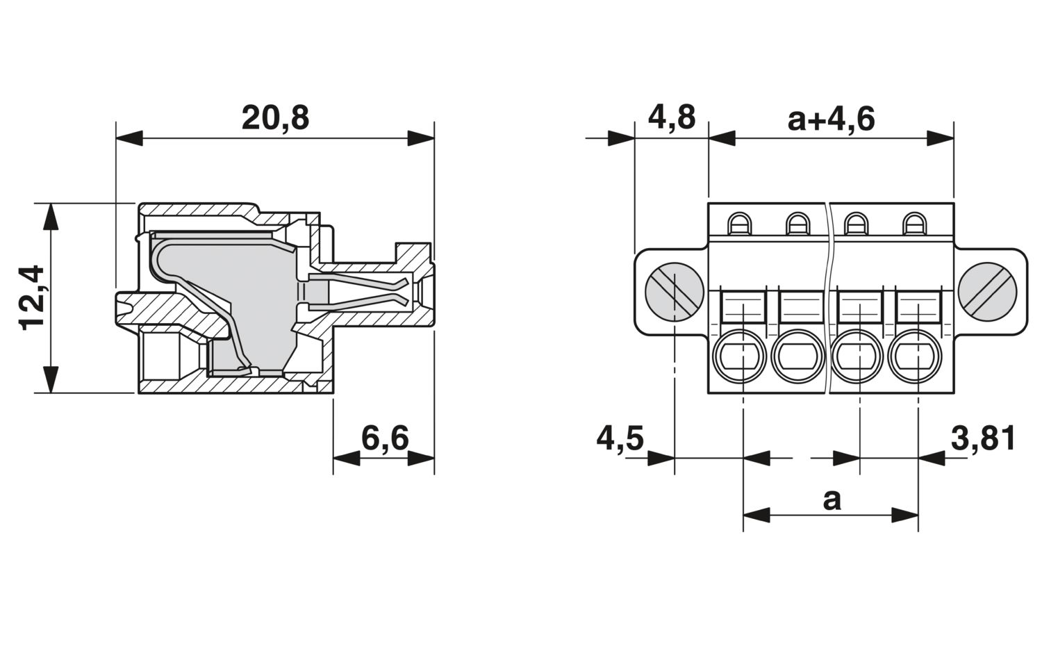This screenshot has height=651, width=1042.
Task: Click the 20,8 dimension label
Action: [275, 118]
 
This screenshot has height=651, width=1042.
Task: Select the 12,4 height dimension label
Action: [32, 298]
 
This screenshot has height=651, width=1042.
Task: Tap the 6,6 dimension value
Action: [385, 438]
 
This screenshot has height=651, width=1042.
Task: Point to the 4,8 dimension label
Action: [671, 117]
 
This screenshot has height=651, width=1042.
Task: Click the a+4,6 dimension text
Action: [832, 119]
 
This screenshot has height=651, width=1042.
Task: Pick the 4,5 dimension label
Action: [620, 438]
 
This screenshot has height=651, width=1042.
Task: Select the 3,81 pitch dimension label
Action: [983, 438]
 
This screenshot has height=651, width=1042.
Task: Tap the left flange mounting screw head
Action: [674, 292]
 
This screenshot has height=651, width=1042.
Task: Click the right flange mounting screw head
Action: [987, 292]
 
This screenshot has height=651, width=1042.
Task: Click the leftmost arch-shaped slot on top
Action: [740, 224]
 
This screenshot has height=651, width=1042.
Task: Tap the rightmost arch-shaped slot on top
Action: [915, 224]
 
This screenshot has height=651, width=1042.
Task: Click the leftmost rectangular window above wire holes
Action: [743, 306]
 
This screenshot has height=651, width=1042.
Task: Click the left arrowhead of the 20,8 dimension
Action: [129, 138]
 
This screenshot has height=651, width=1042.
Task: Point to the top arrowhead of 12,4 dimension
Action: [51, 217]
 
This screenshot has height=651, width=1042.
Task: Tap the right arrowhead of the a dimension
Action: [905, 515]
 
